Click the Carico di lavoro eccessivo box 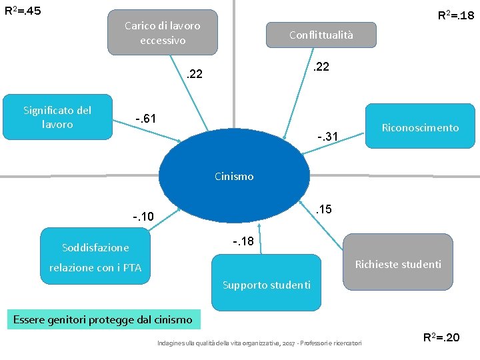[x=163, y=33]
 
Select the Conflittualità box [x=321, y=35]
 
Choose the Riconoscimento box [x=419, y=127]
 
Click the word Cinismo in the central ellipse [x=234, y=177]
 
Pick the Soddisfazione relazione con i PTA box [x=95, y=257]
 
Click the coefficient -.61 [x=145, y=119]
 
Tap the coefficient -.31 [x=328, y=137]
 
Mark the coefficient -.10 [x=143, y=217]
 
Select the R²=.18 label [x=455, y=14]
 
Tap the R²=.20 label [x=441, y=337]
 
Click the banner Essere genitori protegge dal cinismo [x=103, y=319]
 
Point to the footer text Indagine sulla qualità [x=259, y=343]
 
